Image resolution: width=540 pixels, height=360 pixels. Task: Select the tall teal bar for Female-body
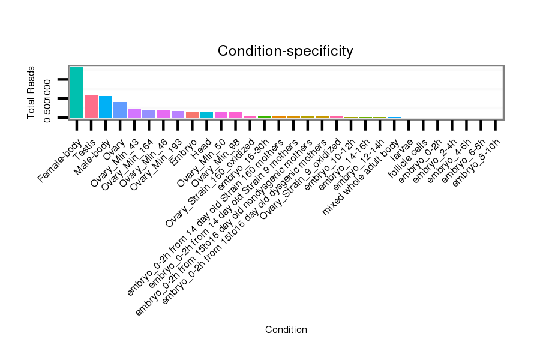click(x=76, y=92)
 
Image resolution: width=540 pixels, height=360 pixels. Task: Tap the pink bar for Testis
click(x=91, y=106)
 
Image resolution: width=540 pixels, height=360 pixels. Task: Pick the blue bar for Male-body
click(x=106, y=107)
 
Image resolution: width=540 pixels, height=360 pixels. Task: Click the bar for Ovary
click(x=120, y=110)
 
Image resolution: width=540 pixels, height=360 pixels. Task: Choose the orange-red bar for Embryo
click(x=192, y=114)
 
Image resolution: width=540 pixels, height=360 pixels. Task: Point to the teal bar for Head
click(x=206, y=115)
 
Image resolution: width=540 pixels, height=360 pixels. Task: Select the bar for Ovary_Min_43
click(x=134, y=113)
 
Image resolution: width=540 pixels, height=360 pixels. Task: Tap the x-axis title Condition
click(x=286, y=330)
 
